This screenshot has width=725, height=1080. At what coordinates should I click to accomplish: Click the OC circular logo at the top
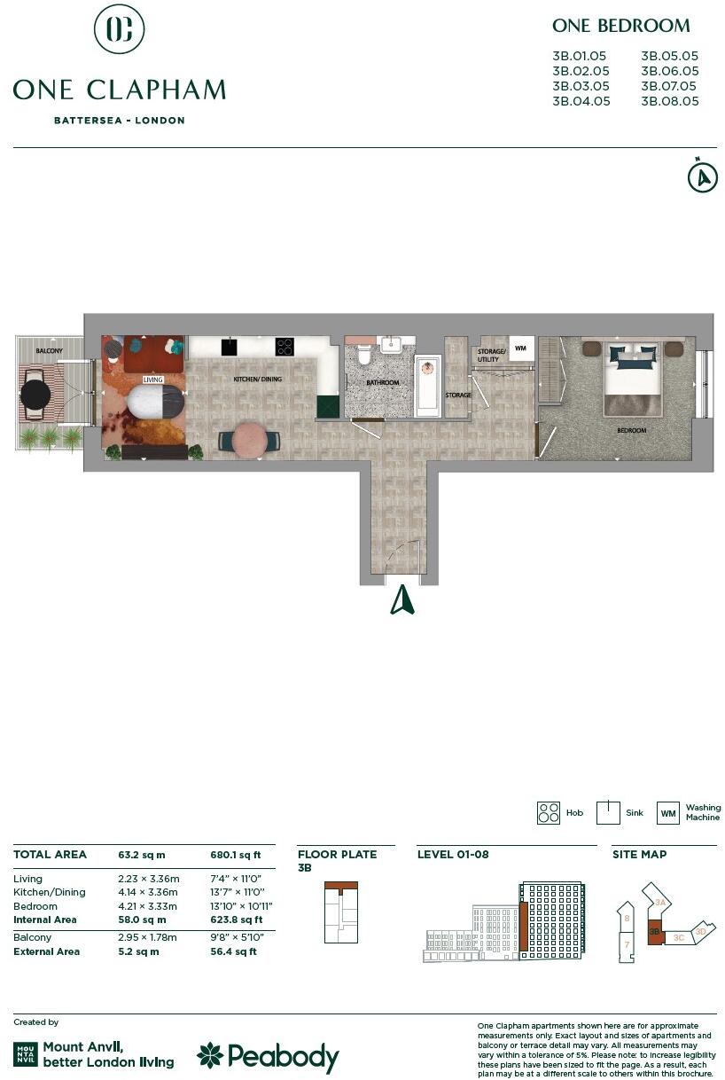click(120, 29)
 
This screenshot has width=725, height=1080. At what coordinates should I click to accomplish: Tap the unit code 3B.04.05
click(581, 101)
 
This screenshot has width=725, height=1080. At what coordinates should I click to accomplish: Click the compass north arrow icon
click(702, 176)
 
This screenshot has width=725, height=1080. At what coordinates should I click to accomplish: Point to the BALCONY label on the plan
click(50, 352)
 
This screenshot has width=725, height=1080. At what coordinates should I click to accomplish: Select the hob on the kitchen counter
click(285, 347)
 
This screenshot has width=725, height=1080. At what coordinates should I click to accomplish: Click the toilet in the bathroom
click(362, 356)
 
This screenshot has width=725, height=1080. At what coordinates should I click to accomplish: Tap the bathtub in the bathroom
click(427, 386)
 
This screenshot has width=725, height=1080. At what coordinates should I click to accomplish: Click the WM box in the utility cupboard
click(520, 348)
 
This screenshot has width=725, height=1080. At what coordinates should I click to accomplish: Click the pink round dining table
click(250, 439)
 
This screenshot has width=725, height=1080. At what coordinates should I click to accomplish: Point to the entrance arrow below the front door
click(402, 600)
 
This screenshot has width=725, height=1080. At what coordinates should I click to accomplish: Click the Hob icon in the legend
click(549, 813)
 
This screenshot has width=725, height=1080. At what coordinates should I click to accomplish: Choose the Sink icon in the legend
click(607, 813)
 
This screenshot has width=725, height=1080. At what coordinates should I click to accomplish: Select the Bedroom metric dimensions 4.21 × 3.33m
click(148, 906)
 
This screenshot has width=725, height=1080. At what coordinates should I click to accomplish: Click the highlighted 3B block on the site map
click(655, 934)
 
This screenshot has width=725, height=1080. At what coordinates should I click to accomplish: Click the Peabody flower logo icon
click(210, 1055)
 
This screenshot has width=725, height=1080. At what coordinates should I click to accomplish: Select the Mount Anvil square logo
click(26, 1054)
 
